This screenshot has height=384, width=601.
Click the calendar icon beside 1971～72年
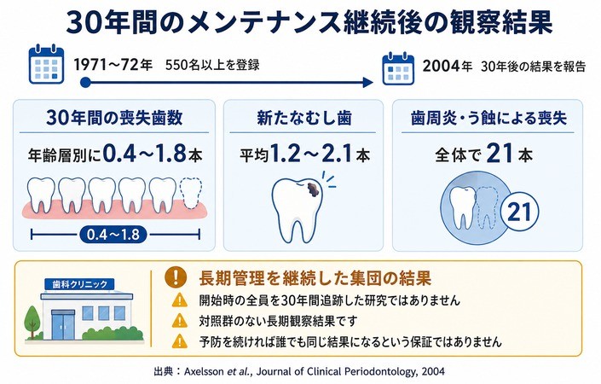[46, 64]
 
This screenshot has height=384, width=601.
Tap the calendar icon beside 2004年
[398, 68]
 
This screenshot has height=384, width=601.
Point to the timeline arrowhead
[368, 82]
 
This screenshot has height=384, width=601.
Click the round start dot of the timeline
[85, 82]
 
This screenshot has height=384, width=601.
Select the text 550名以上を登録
[212, 65]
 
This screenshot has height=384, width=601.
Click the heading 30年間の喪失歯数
[114, 118]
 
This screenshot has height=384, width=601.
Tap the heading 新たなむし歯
[304, 118]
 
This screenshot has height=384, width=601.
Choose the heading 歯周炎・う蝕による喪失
[488, 118]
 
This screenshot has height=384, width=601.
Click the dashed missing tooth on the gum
[190, 193]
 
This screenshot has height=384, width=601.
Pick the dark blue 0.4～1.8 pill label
[113, 235]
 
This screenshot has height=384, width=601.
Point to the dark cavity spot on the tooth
[314, 190]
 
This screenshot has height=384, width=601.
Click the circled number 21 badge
[519, 212]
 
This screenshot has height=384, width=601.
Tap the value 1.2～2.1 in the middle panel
[311, 154]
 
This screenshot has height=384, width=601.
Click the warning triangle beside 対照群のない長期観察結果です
[180, 320]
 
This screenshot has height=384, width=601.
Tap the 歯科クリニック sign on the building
[79, 284]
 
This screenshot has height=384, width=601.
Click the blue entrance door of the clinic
[63, 325]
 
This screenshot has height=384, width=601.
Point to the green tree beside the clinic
[32, 322]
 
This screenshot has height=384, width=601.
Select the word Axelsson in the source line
[204, 371]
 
